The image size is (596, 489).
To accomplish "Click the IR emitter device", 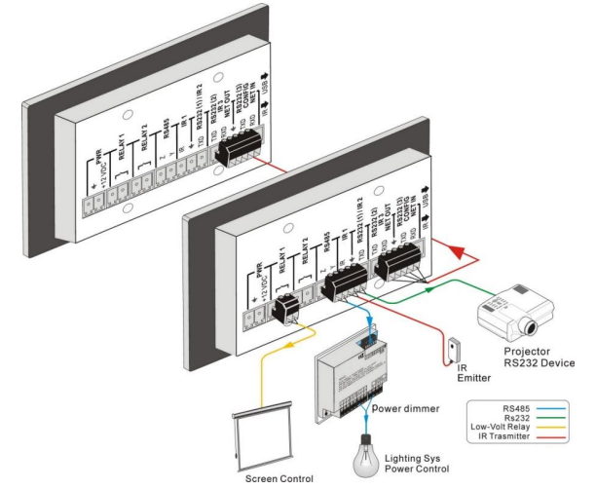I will [451, 347].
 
